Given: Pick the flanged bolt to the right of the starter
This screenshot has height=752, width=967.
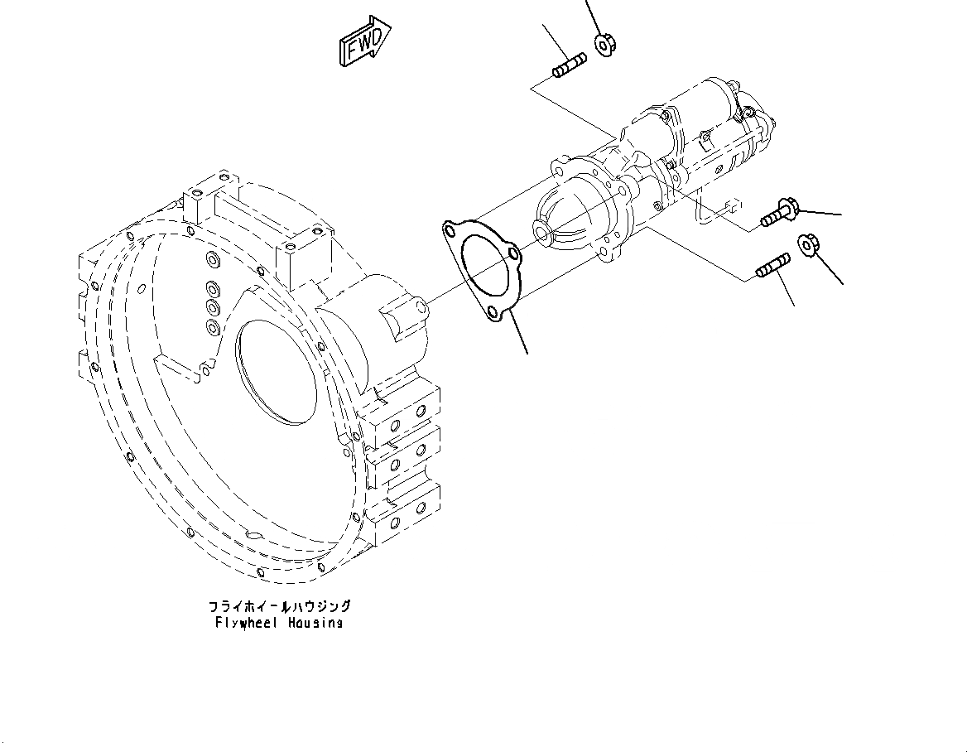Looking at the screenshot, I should pos(778,212).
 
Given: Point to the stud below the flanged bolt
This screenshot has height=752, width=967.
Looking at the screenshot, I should pos(773,267).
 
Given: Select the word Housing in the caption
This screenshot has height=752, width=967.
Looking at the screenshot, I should pos(315,622).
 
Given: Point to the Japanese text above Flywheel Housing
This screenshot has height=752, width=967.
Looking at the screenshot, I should pos(280,606).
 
